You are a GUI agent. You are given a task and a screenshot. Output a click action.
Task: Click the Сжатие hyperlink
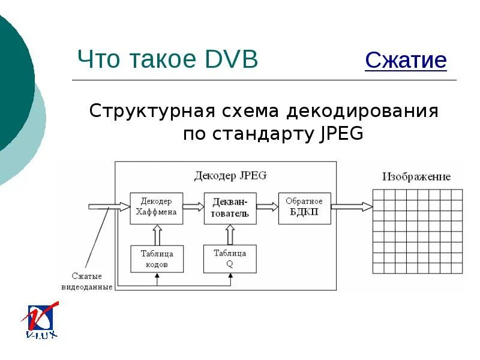(406, 61)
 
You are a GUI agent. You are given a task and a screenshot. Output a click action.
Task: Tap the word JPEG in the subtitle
(338, 133)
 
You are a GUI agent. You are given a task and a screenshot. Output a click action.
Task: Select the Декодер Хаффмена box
(157, 208)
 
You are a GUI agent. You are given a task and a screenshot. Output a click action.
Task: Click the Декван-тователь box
(230, 208)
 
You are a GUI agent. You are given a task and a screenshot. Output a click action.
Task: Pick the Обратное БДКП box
(304, 208)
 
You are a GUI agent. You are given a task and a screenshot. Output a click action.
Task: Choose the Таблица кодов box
(157, 259)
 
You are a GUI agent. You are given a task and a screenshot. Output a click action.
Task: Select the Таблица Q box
(230, 259)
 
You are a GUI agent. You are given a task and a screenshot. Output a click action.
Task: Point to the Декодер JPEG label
(230, 176)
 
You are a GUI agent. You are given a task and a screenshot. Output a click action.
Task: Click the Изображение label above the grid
(416, 177)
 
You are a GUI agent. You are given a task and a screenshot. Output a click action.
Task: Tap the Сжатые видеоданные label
(88, 281)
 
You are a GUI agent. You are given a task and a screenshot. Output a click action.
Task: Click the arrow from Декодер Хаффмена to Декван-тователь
(193, 207)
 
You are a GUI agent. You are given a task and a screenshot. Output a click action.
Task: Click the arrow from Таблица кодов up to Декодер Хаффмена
(157, 235)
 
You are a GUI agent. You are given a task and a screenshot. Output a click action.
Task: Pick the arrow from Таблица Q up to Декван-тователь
(230, 235)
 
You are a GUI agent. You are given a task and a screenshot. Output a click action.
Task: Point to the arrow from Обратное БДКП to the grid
(352, 207)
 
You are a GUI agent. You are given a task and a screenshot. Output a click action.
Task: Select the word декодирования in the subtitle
(362, 112)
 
